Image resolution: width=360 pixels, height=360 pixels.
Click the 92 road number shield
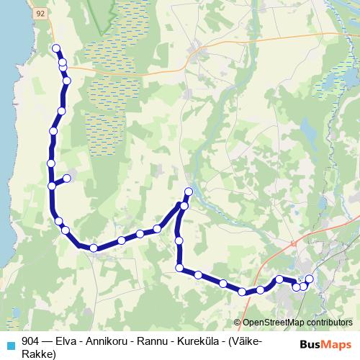click(40, 13)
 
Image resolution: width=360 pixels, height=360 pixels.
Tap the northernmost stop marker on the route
click(56, 48)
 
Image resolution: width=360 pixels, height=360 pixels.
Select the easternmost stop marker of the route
click(310, 279)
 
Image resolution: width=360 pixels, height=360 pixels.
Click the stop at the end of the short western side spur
click(67, 177)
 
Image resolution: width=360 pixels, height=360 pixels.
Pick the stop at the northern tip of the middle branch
click(189, 192)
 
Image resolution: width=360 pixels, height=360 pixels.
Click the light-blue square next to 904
click(11, 343)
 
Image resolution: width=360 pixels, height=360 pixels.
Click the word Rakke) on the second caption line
click(39, 354)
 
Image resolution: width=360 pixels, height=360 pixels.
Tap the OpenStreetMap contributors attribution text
click(297, 323)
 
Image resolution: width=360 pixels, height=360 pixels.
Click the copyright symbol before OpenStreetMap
click(238, 323)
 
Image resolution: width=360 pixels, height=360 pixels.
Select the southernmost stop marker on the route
click(243, 292)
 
